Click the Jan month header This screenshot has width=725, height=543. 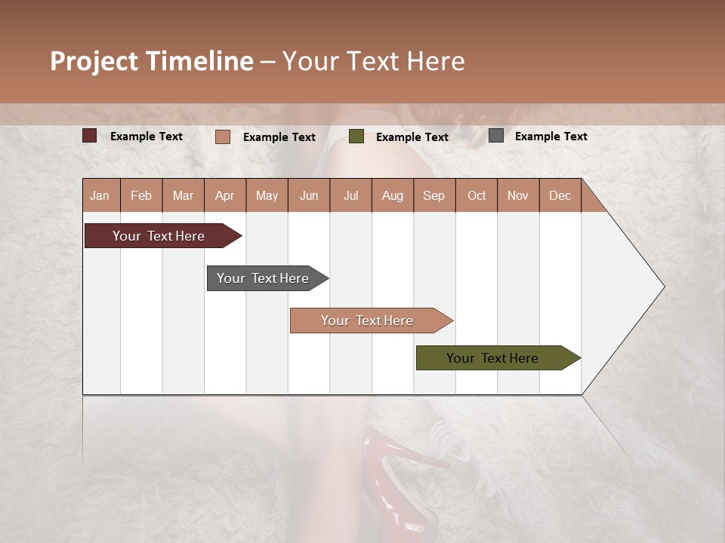click(100, 195)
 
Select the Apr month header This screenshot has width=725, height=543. click(225, 195)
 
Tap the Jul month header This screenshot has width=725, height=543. click(350, 195)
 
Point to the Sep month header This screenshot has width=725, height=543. click(433, 195)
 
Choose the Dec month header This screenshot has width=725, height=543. click(560, 195)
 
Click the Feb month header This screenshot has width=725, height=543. click(141, 195)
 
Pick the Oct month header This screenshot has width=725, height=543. click(477, 195)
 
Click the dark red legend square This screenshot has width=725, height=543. click(89, 136)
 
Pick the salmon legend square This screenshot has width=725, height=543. click(222, 137)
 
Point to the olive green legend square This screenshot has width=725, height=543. click(356, 137)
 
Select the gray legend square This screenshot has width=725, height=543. click(496, 136)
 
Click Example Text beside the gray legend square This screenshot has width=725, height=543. click(551, 137)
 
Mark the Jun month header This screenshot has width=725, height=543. click(309, 195)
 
